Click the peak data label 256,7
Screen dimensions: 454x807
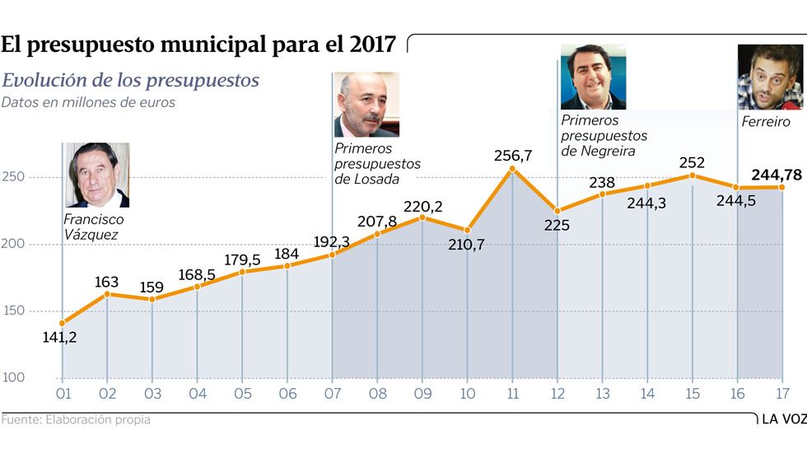[512, 155]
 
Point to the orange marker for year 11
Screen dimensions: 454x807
[512, 169]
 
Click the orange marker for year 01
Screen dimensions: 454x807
[63, 323]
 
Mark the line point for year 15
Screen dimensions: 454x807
[692, 176]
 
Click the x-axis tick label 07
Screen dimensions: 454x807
[332, 395]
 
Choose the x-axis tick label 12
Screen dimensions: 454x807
[557, 395]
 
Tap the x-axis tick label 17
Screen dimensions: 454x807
[781, 395]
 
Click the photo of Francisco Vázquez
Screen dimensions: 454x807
[98, 175]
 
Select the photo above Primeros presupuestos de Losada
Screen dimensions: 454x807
[366, 105]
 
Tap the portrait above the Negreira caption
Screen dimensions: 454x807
[593, 77]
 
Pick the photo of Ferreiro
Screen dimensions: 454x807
[770, 77]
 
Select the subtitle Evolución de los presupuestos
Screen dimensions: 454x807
[131, 81]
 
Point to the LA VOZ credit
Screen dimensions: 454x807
[783, 419]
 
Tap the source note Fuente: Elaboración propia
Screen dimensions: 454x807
[76, 419]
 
